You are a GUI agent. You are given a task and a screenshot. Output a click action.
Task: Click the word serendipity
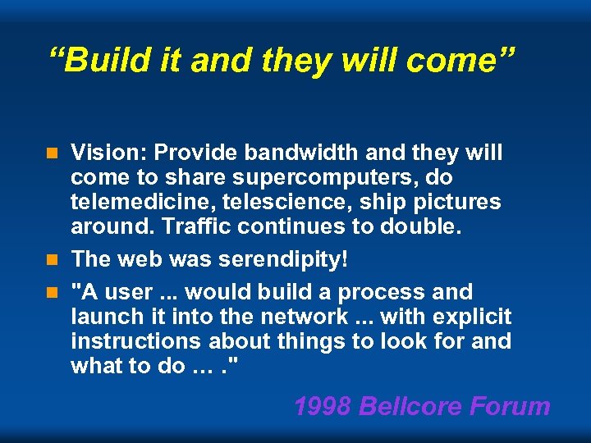pos(274,259)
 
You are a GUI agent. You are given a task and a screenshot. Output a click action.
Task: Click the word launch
pos(107,317)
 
